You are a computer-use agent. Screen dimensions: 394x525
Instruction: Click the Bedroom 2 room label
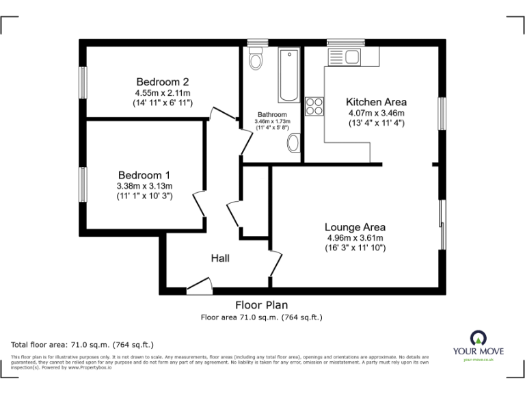(x=162, y=81)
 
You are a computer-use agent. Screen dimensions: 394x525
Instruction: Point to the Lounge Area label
(x=355, y=227)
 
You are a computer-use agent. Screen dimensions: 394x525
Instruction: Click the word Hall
(x=219, y=258)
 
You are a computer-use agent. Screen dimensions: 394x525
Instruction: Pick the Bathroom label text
(x=271, y=114)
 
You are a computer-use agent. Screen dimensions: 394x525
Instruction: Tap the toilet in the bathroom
(x=256, y=60)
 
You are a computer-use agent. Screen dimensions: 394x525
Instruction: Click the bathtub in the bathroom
(x=288, y=75)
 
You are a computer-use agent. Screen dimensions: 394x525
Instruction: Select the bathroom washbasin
(x=293, y=143)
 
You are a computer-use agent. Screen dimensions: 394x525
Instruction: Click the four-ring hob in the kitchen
(x=314, y=106)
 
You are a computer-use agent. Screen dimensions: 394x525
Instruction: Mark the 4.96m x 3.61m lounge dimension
(x=355, y=238)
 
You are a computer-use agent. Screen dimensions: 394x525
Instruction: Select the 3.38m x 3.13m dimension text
(x=144, y=186)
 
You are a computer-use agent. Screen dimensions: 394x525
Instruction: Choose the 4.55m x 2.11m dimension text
(x=162, y=92)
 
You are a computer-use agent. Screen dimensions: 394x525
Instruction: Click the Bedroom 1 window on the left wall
(x=83, y=185)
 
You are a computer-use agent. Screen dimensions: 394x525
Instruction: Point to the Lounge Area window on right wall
(x=442, y=224)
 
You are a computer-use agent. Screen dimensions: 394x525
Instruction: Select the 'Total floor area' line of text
(x=83, y=344)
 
